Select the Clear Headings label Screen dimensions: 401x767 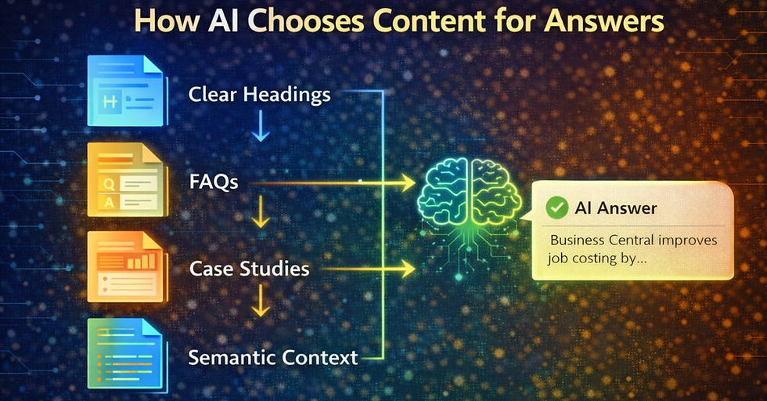pos(259,95)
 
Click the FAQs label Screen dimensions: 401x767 pos(214,182)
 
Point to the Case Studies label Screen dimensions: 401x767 pos(249,269)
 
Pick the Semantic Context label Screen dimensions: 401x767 pos(272,358)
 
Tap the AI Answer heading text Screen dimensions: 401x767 pos(617,209)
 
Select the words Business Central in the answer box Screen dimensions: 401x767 pos(603,240)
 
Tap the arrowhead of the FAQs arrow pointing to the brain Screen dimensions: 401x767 pos(407,184)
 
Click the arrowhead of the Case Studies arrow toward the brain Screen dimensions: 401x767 pos(407,270)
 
